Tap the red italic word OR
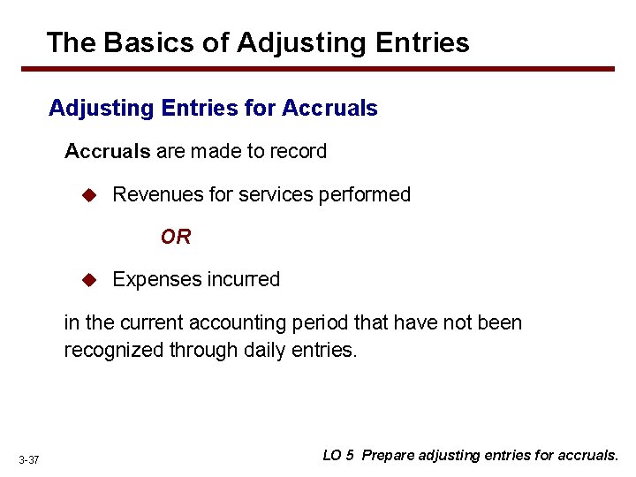175,237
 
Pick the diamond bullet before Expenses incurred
88,280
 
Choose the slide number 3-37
28,460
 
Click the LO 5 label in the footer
338,456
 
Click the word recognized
113,350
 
